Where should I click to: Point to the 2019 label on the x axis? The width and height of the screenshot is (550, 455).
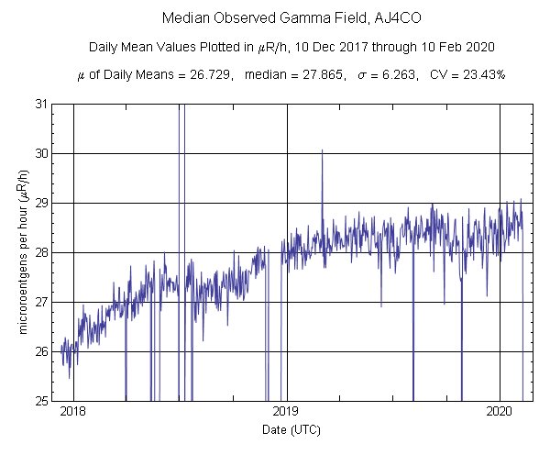point(286,411)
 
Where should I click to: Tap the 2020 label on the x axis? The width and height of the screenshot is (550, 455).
point(500,411)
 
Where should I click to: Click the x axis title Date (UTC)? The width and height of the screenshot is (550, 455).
point(286,429)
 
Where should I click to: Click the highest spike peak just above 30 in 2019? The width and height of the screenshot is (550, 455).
point(322,150)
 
